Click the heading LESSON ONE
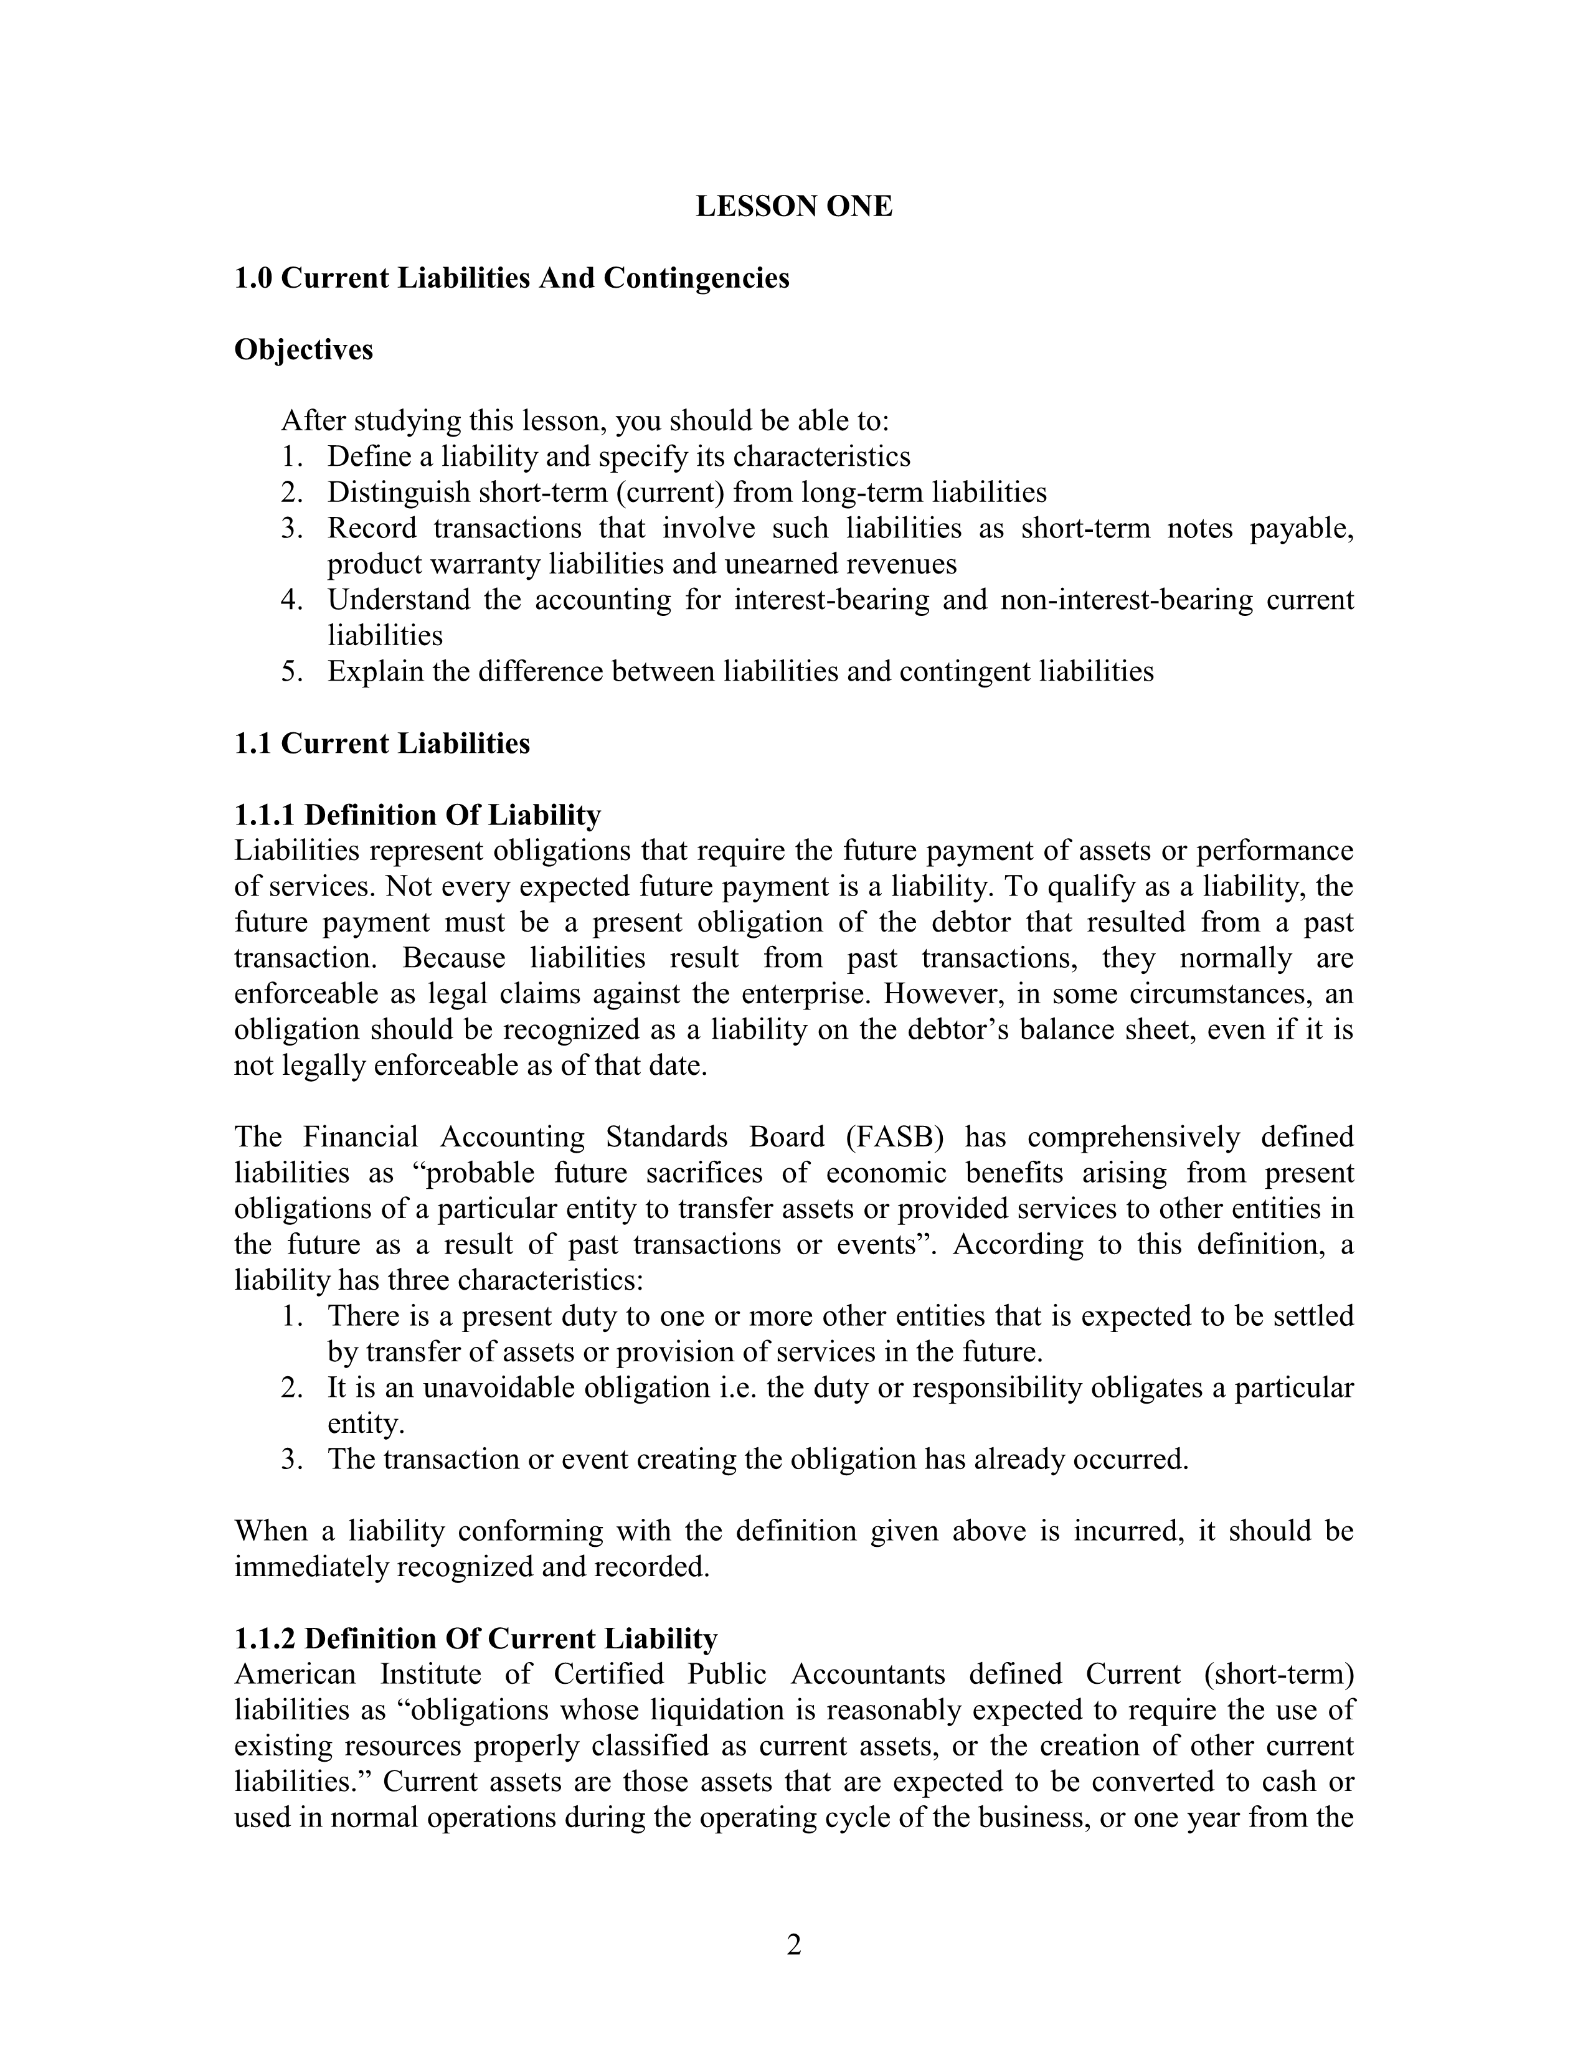pyautogui.click(x=793, y=207)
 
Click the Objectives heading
pyautogui.click(x=303, y=350)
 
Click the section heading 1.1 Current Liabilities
pyautogui.click(x=381, y=744)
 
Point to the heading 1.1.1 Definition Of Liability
pyautogui.click(x=417, y=815)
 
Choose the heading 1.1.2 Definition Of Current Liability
pyautogui.click(x=475, y=1639)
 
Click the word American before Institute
pyautogui.click(x=295, y=1675)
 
